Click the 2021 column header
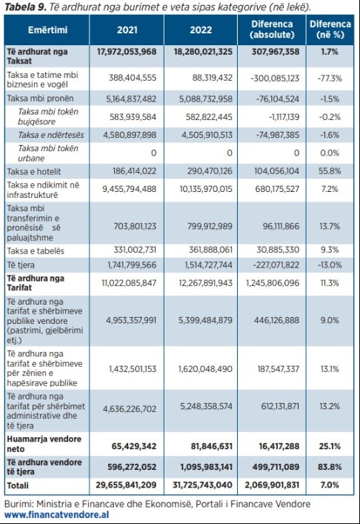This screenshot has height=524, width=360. (127, 30)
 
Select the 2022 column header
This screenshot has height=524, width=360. (201, 30)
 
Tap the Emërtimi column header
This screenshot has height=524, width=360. (47, 30)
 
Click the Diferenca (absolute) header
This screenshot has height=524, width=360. (272, 30)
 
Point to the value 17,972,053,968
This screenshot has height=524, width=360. (127, 52)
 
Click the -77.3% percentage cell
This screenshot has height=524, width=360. (330, 79)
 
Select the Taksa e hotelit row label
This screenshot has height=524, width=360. (34, 171)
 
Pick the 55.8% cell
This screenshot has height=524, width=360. (330, 171)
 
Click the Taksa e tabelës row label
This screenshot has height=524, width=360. (36, 251)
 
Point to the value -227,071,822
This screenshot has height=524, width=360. (276, 265)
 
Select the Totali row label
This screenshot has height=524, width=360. (18, 485)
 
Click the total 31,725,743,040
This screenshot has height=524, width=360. (202, 485)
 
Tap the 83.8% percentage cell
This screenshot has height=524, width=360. (330, 467)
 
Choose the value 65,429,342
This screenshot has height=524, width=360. (134, 446)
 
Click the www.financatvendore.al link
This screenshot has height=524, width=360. (57, 514)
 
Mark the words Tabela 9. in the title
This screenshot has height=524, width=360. (25, 7)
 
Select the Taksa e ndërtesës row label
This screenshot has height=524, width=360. (51, 135)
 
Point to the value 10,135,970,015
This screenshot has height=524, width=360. (206, 189)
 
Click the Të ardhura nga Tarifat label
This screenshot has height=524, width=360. (36, 283)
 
